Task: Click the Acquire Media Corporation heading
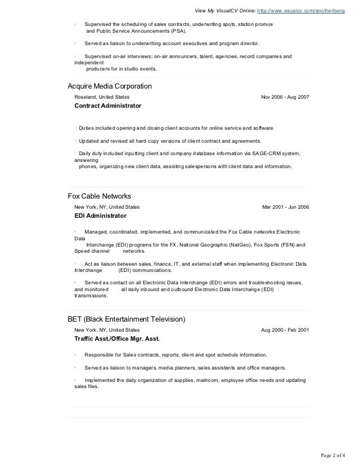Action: [x=109, y=86]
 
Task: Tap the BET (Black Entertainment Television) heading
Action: [x=126, y=319]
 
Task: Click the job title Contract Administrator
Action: [x=108, y=105]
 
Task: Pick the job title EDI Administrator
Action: [x=100, y=216]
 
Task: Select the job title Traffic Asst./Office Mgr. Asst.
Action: [x=117, y=339]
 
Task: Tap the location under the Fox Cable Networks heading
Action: [x=104, y=207]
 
